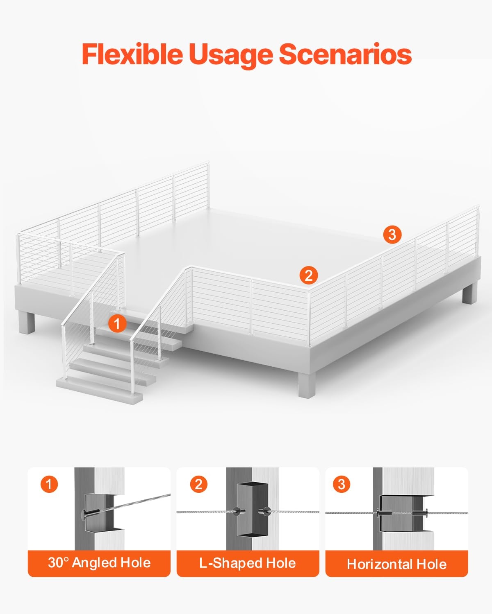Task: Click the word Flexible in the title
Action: point(132,54)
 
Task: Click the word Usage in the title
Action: point(231,56)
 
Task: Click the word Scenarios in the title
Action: point(345,54)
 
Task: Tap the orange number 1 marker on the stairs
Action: point(117,323)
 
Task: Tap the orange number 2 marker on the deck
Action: point(309,275)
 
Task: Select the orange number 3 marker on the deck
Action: point(392,235)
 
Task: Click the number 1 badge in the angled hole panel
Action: point(49,485)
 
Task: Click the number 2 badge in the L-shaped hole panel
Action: point(199,485)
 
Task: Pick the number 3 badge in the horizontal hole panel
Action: point(342,485)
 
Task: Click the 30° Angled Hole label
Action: point(99,563)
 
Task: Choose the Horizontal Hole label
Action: point(396,564)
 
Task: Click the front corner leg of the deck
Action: point(307,384)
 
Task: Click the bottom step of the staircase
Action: point(99,391)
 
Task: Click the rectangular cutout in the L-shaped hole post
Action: point(253,509)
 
